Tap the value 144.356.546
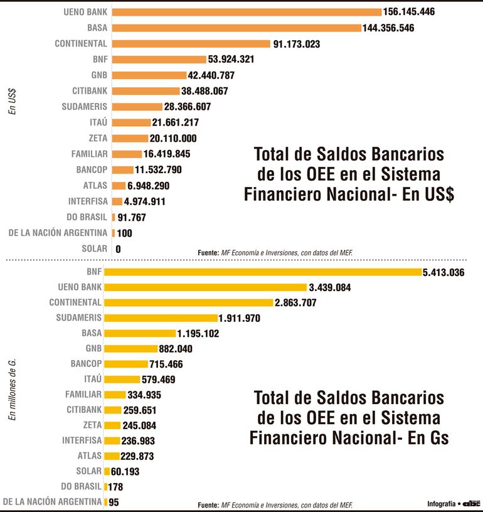[x=388, y=28]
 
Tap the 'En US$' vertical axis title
[x=12, y=101]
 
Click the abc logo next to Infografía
[x=472, y=503]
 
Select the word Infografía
[x=441, y=503]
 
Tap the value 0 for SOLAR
[x=118, y=249]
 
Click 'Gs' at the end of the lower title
[x=437, y=437]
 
